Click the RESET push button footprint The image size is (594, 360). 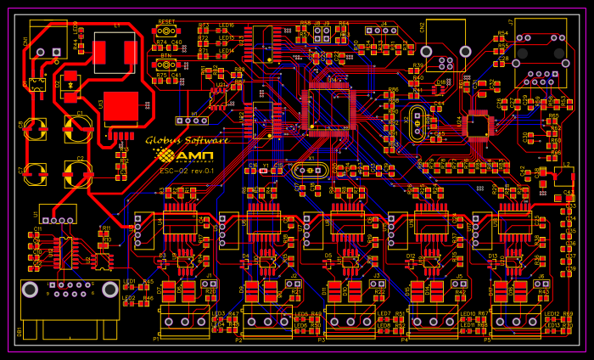coord(167,31)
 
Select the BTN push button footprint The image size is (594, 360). coord(167,65)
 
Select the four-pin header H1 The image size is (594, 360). coord(192,121)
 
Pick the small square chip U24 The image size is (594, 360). coord(479,126)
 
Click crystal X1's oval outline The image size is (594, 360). coord(310,171)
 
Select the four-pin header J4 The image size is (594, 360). coord(382,31)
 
